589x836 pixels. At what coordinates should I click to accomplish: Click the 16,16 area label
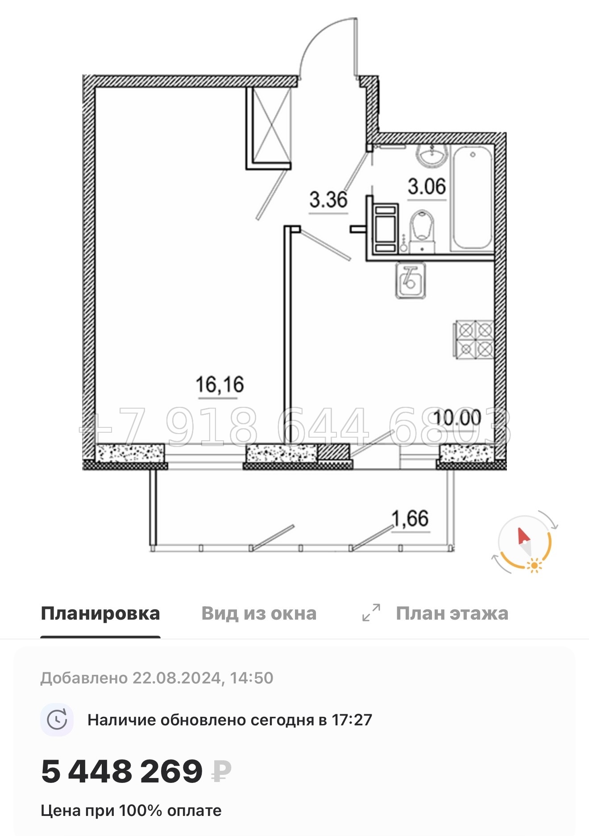tap(220, 384)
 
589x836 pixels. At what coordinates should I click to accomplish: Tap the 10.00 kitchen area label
tap(457, 418)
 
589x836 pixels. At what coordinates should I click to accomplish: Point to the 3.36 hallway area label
tap(328, 199)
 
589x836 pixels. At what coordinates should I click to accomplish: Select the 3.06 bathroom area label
tap(427, 186)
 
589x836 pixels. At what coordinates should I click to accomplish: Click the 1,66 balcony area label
tap(410, 518)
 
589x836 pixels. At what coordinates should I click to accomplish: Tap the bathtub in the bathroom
tap(473, 199)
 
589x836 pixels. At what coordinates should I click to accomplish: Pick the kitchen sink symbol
tap(410, 280)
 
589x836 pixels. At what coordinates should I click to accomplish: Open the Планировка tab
tap(100, 613)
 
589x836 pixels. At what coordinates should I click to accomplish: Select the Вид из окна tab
tap(259, 613)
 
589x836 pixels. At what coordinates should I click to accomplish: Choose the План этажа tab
tap(452, 613)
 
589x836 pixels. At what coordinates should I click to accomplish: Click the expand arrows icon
tap(371, 613)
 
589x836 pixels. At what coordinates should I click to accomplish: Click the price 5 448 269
tap(122, 771)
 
